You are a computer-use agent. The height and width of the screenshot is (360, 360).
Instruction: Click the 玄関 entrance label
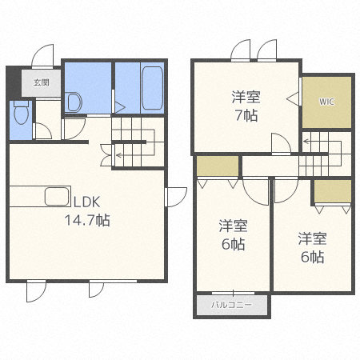pyautogui.click(x=42, y=82)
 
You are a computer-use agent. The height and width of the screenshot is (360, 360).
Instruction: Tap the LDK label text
pyautogui.click(x=86, y=202)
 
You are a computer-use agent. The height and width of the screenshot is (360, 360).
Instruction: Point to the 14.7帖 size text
pyautogui.click(x=87, y=220)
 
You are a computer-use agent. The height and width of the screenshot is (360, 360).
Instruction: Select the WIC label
pyautogui.click(x=326, y=102)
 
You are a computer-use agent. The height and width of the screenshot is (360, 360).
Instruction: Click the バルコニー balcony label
pyautogui.click(x=231, y=305)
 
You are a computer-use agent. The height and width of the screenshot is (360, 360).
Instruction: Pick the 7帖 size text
pyautogui.click(x=246, y=115)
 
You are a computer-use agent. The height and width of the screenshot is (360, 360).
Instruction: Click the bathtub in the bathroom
pyautogui.click(x=152, y=88)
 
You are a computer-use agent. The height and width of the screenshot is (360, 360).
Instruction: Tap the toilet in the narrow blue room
pyautogui.click(x=21, y=112)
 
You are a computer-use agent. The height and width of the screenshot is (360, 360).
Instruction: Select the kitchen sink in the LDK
pyautogui.click(x=57, y=197)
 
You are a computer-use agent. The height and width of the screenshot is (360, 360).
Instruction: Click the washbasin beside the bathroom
pyautogui.click(x=74, y=102)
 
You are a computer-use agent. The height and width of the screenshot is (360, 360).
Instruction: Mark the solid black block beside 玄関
pyautogui.click(x=14, y=82)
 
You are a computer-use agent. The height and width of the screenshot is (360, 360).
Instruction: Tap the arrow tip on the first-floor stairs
pyautogui.click(x=117, y=154)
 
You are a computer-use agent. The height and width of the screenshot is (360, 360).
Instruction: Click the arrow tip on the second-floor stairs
pyautogui.click(x=304, y=142)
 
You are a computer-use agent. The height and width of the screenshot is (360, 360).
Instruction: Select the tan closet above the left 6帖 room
pyautogui.click(x=218, y=166)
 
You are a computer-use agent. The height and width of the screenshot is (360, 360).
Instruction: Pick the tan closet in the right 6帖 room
pyautogui.click(x=333, y=191)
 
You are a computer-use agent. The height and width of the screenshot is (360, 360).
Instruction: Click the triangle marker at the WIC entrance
pyautogui.click(x=293, y=99)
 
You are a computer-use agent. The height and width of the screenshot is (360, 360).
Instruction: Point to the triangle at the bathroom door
pyautogui.click(x=120, y=108)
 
